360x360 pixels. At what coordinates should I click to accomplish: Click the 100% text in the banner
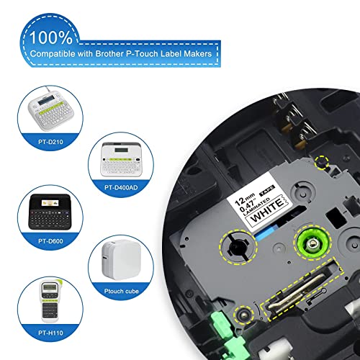click(51, 37)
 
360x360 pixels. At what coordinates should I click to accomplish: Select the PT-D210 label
click(50, 142)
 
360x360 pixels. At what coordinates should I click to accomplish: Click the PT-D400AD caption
click(121, 187)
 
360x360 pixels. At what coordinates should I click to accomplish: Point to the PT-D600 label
click(50, 241)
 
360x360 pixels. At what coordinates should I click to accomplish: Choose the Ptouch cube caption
click(122, 291)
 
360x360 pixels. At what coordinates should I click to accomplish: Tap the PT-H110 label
click(50, 333)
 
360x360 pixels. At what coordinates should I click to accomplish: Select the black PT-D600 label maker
click(50, 212)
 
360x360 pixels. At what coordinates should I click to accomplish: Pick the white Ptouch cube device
click(121, 260)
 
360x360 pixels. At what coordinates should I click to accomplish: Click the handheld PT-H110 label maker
click(51, 300)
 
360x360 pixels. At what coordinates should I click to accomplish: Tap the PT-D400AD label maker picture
click(121, 159)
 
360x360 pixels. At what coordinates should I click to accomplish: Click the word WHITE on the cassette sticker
click(267, 209)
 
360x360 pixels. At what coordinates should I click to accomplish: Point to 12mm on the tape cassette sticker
click(244, 199)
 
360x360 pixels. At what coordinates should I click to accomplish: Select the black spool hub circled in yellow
click(238, 246)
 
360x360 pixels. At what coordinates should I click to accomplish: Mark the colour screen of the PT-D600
click(50, 203)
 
